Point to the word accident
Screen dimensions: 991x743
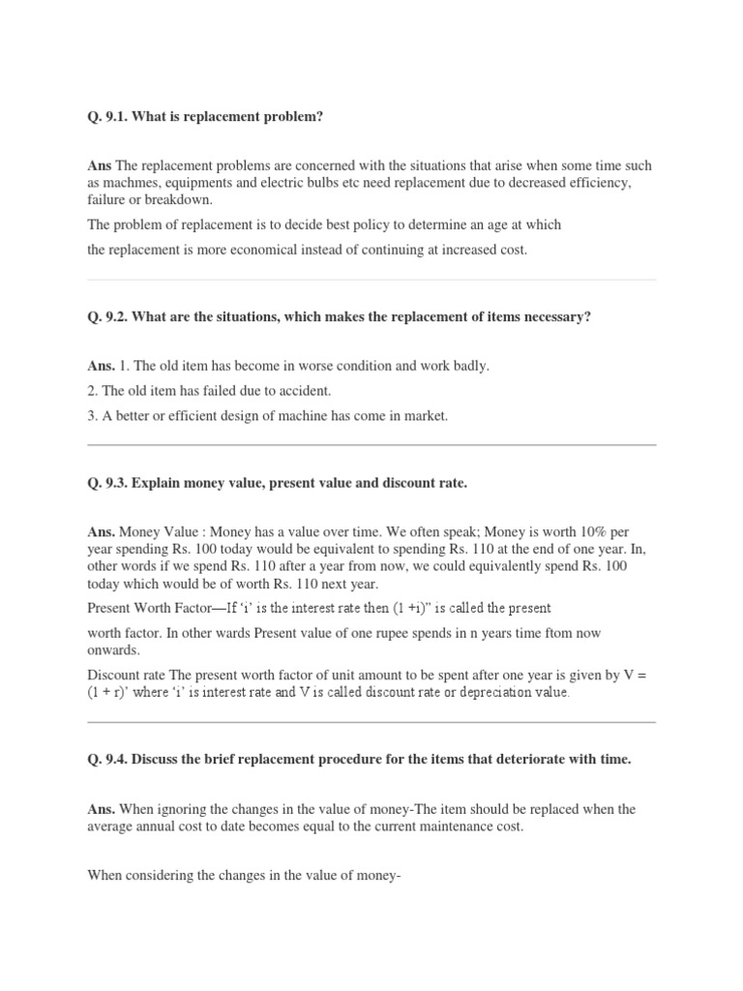[304, 391]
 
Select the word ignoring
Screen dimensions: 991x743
[183, 809]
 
